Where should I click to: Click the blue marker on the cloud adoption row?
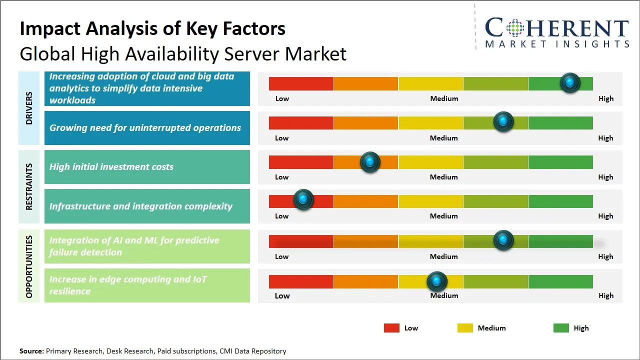[569, 83]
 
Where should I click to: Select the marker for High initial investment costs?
[370, 162]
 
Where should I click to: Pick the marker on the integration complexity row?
[303, 199]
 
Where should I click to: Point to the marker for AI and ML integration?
[503, 240]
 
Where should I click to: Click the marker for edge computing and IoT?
[437, 281]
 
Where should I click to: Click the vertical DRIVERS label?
[29, 108]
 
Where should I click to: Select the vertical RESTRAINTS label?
[29, 186]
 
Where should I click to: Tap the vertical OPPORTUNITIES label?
[29, 266]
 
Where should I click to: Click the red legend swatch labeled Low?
[391, 328]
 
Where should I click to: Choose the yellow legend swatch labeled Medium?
[465, 328]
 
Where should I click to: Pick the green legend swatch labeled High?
[561, 328]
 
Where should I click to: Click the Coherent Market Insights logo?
[556, 32]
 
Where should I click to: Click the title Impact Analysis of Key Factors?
[152, 28]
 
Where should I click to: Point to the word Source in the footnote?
[31, 351]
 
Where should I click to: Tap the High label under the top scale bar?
[605, 98]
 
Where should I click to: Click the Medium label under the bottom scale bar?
[444, 295]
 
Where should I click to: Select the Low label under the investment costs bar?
[282, 177]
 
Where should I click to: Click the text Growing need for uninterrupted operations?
[145, 128]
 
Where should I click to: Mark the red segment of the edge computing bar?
[301, 281]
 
